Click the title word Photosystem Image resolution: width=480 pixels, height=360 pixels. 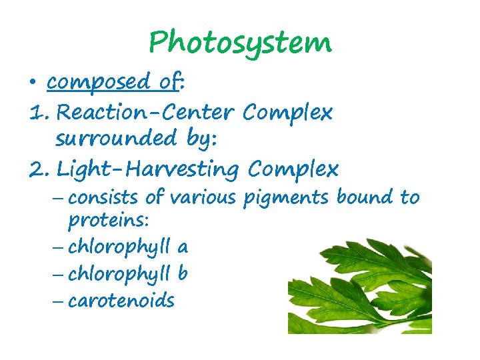[x=239, y=43]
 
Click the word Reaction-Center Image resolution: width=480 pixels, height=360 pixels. [x=146, y=113]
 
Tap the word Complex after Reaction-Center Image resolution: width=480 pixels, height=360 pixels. [x=287, y=113]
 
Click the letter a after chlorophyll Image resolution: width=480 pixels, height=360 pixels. [x=182, y=248]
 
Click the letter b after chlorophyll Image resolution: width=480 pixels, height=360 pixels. [x=182, y=273]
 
